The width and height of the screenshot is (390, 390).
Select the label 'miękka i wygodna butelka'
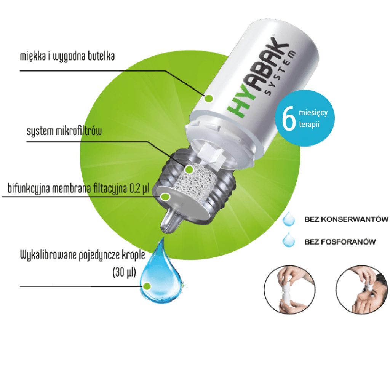(x=67, y=56)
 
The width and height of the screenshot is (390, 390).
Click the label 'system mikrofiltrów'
(x=64, y=131)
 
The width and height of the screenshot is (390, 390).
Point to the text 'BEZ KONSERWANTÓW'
(x=346, y=219)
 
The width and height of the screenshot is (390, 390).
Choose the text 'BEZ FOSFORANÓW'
(x=340, y=241)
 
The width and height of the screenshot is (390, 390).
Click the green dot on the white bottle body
(x=208, y=99)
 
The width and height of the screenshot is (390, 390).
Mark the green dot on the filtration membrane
(x=165, y=197)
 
